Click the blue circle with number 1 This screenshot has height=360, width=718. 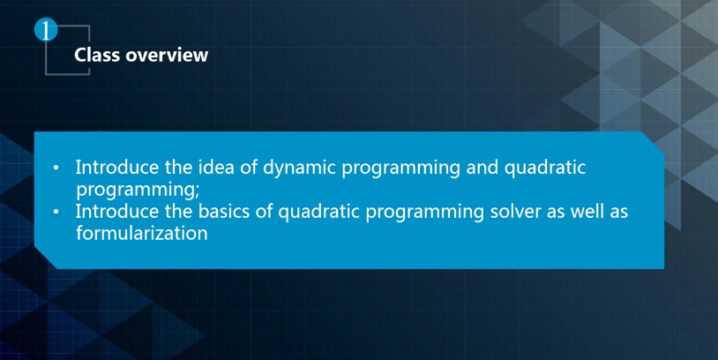(46, 30)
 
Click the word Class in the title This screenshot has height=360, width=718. (97, 55)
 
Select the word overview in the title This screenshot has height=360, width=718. (167, 55)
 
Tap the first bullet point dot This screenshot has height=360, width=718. (56, 168)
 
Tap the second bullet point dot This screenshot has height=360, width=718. (56, 212)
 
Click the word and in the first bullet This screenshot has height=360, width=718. (482, 167)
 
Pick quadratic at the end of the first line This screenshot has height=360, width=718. (545, 169)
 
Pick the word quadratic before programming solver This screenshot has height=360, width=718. (318, 213)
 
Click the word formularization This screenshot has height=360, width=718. (141, 233)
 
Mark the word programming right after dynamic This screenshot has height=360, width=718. (401, 169)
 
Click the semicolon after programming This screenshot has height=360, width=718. (198, 191)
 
